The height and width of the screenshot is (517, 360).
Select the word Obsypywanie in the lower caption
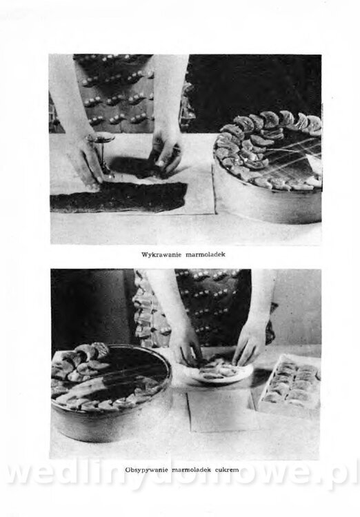point(147,470)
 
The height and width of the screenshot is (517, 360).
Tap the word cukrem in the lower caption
point(227,469)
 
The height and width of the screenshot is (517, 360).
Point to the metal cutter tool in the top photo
point(101,149)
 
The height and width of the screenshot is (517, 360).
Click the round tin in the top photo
point(268,168)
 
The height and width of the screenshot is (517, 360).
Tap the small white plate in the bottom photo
point(219,372)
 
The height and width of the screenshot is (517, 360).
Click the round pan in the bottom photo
point(112,392)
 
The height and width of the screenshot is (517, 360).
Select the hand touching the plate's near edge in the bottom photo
point(189,346)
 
